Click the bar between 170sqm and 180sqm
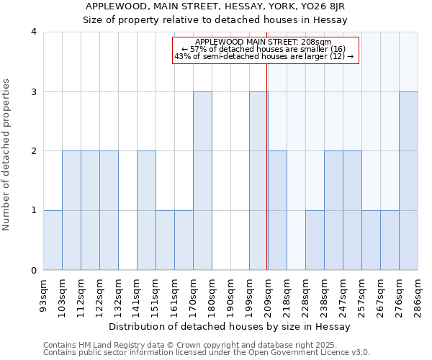click(202, 181)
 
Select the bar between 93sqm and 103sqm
click(53, 240)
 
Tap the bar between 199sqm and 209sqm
click(258, 181)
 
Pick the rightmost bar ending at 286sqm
click(408, 181)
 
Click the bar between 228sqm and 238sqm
click(315, 240)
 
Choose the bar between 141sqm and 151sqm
click(146, 210)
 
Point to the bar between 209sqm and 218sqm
click(277, 210)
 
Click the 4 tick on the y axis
click(33, 32)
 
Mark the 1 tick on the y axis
click(33, 210)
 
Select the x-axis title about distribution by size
click(230, 326)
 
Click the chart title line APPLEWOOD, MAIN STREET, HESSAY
click(215, 6)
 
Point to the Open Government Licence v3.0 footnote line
click(207, 352)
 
